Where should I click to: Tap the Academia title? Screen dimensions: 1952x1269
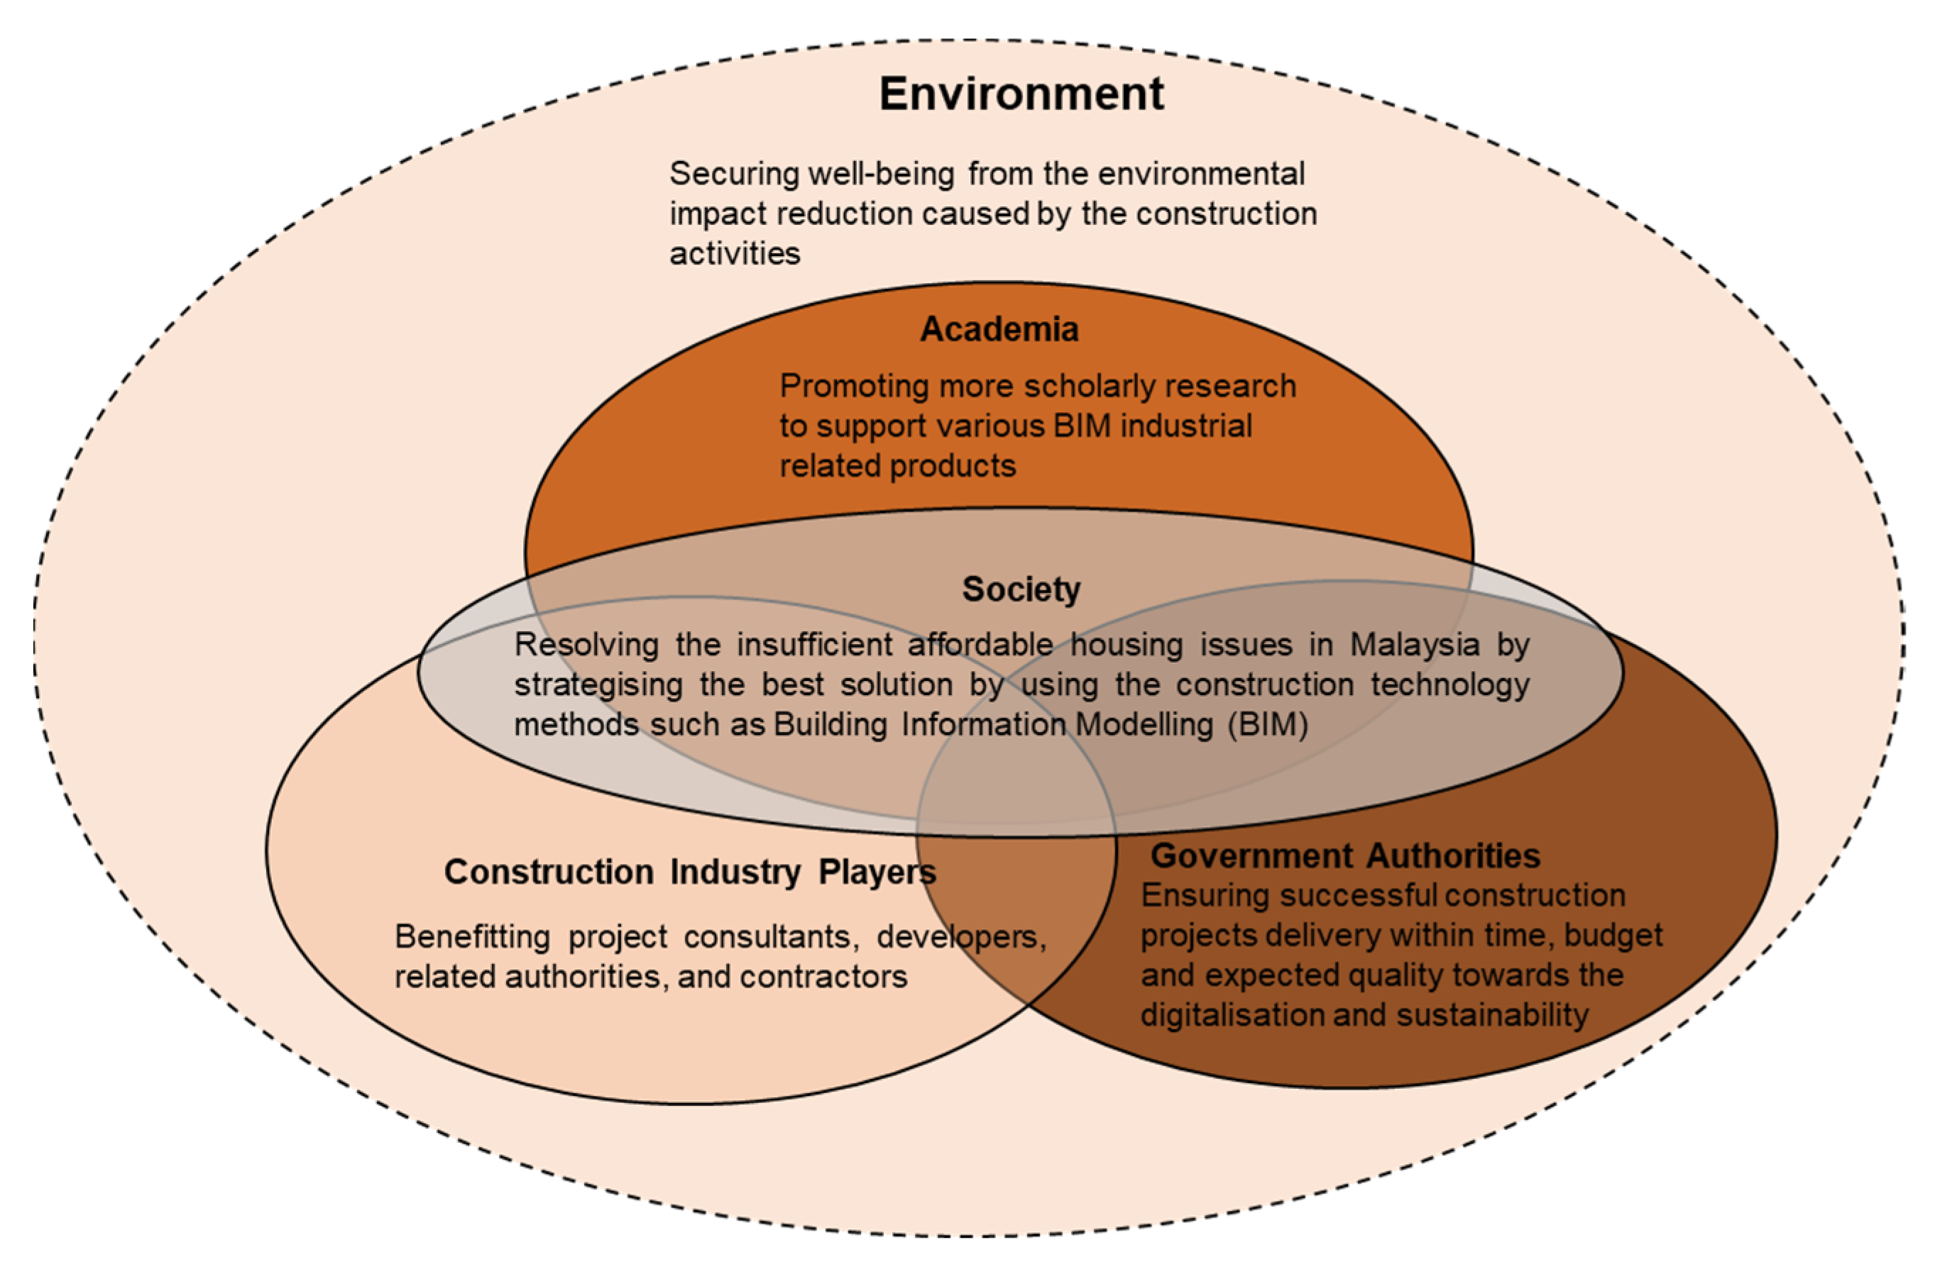[x=999, y=330]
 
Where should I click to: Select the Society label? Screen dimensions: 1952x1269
[x=1021, y=589]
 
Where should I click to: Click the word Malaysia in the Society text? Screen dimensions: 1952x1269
[x=1415, y=645]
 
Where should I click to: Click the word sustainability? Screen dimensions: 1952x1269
[x=1493, y=1015]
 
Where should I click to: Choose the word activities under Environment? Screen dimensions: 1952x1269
[x=735, y=253]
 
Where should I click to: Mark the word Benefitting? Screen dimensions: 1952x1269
[x=471, y=937]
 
